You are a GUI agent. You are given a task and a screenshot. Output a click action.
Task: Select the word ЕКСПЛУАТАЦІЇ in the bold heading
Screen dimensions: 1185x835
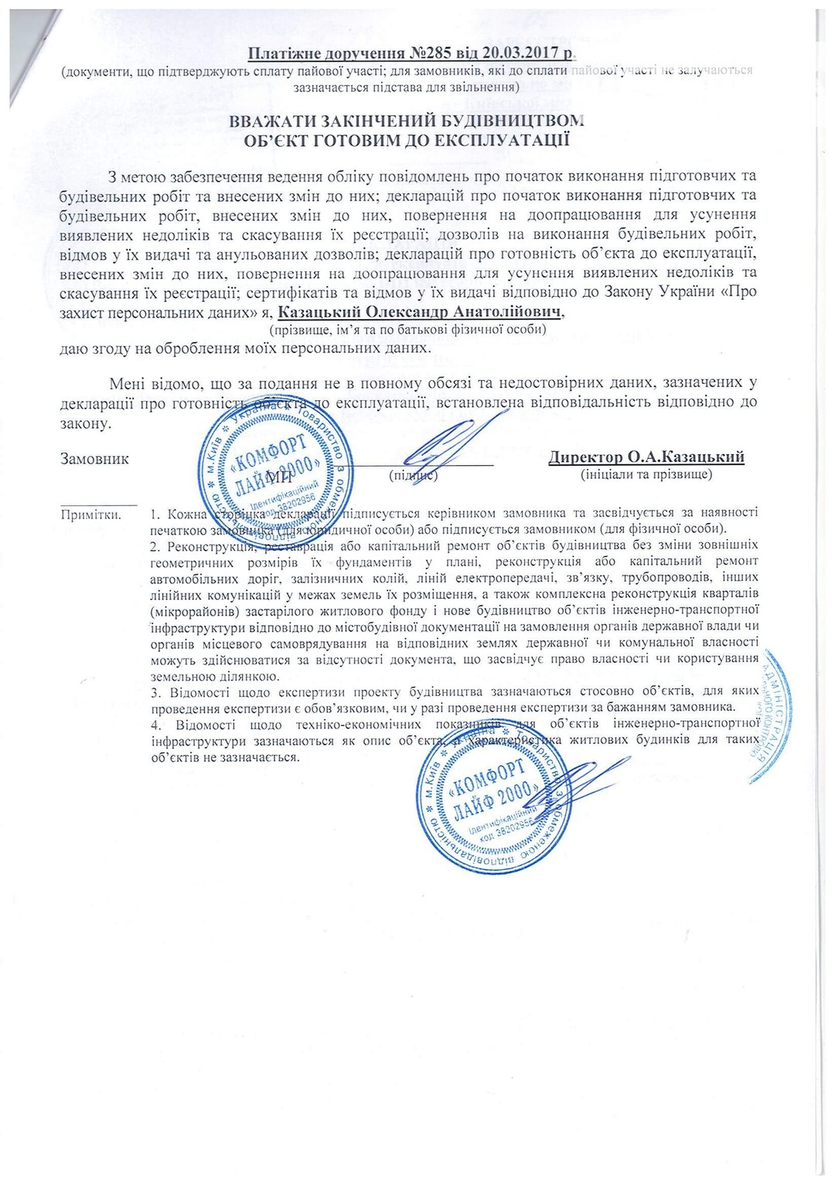[x=513, y=141]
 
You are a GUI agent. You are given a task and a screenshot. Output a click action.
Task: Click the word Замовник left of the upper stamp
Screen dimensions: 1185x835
[x=94, y=459]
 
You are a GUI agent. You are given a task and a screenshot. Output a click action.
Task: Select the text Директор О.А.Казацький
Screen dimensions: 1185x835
[x=646, y=457]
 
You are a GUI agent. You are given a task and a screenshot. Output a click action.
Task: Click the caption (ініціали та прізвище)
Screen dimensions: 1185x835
[x=646, y=474]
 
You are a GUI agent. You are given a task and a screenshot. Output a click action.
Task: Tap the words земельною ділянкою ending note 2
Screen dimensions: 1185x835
[x=204, y=675]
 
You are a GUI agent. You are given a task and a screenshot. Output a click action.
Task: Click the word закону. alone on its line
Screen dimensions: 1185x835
[x=86, y=423]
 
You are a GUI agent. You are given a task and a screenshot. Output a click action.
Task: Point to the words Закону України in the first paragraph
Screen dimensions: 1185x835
[x=672, y=292]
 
